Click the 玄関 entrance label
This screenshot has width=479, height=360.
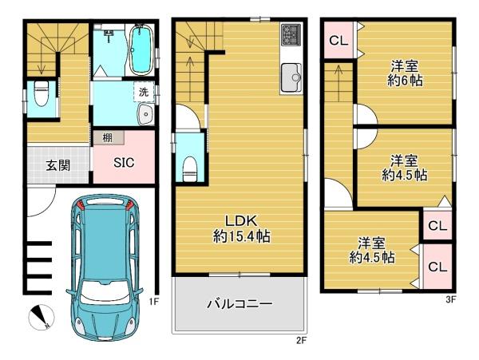pyautogui.click(x=56, y=165)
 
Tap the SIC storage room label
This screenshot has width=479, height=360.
pyautogui.click(x=123, y=163)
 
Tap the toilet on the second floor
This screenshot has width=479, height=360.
pyautogui.click(x=190, y=166)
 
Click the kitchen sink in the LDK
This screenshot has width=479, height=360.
pyautogui.click(x=291, y=77)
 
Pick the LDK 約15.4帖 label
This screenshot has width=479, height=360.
pyautogui.click(x=239, y=227)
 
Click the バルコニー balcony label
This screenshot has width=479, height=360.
pyautogui.click(x=239, y=304)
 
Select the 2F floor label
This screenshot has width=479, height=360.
pyautogui.click(x=300, y=340)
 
